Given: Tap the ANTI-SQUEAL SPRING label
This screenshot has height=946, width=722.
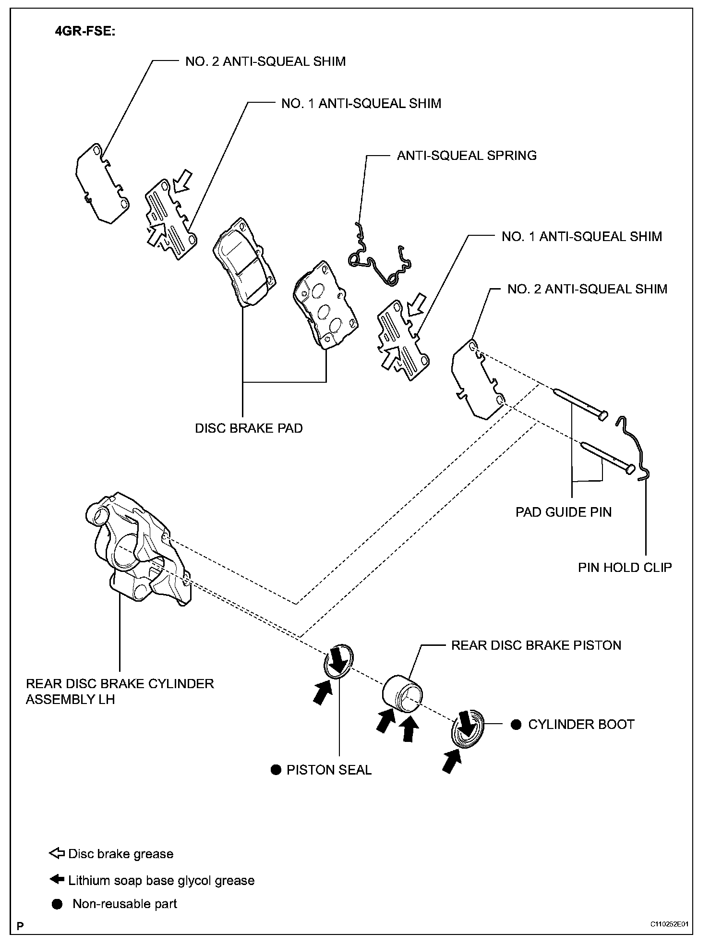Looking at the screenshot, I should point(466,156).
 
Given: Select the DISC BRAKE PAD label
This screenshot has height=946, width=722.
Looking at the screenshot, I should point(249,428).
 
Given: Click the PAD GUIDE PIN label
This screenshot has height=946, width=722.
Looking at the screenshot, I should point(563,512).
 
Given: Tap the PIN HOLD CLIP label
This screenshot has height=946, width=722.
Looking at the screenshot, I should point(625,568).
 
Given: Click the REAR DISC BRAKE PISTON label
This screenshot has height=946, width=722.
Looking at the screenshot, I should point(536,645).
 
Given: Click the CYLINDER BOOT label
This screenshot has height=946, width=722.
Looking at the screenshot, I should point(581,725).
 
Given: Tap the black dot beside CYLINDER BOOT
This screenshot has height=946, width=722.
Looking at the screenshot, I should point(516,725).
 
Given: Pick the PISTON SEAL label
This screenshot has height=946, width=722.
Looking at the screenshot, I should point(329,770).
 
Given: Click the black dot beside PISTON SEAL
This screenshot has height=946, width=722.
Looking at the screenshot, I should point(276,770).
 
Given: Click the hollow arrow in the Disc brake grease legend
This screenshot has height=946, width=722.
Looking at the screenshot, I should point(57,853).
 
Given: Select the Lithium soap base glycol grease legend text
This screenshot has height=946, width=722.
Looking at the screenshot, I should point(161,880).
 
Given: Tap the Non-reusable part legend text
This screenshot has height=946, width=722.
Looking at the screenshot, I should point(124,904).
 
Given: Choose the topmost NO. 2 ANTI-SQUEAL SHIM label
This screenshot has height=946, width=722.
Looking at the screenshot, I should point(265,61).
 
